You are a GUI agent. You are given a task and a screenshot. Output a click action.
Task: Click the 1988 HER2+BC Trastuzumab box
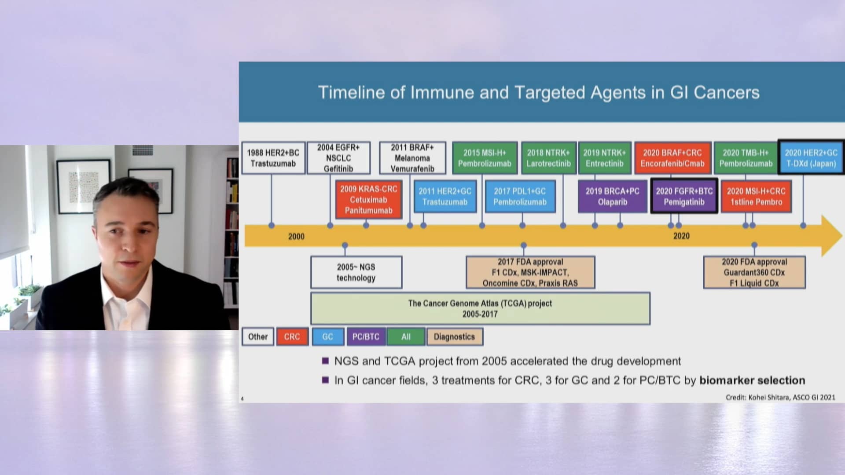[273, 158]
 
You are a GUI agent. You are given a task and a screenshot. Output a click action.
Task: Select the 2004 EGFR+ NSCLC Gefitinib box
[338, 158]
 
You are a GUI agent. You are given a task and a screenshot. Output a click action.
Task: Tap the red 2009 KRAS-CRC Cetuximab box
[368, 200]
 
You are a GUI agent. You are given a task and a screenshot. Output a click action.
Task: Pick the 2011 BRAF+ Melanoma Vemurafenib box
[412, 158]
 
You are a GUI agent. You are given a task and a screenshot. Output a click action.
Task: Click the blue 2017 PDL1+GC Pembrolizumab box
[520, 197]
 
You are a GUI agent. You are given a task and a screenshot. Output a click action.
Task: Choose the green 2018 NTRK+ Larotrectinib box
[548, 158]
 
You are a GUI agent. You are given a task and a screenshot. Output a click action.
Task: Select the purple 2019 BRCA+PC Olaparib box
[612, 197]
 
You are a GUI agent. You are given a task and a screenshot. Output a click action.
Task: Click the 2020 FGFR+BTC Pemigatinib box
[684, 197]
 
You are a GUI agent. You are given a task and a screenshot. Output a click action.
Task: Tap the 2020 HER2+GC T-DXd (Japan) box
[811, 158]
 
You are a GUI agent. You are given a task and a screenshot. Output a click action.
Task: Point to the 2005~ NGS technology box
[356, 272]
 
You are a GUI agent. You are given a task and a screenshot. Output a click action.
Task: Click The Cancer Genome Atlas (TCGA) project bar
[480, 308]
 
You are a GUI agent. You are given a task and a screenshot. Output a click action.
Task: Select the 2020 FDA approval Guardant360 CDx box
[754, 272]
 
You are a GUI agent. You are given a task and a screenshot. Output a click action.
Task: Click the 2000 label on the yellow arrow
[296, 237]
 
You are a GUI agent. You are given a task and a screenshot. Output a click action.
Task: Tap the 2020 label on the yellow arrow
[681, 236]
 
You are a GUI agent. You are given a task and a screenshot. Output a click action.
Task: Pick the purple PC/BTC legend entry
[366, 337]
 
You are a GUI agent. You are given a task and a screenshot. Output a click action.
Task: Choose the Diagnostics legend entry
[454, 337]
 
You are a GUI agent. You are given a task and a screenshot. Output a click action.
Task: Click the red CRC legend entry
[292, 337]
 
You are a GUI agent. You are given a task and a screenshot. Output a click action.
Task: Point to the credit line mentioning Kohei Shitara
[780, 398]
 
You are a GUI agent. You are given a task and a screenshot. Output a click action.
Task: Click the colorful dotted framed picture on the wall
[84, 186]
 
